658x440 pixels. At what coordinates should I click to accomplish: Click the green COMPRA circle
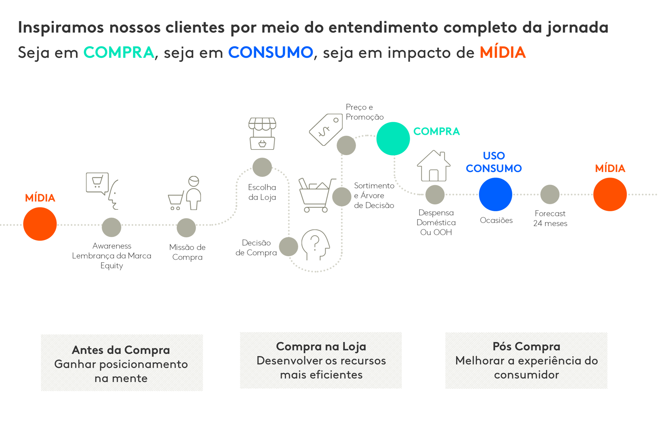point(393,138)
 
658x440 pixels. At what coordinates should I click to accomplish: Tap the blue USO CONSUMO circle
point(495,194)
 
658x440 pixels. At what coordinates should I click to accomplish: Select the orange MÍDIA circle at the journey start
point(40,224)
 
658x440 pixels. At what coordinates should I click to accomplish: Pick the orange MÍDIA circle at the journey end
point(610,194)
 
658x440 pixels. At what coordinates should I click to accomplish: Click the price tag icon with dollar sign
point(326,129)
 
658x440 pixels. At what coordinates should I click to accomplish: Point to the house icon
point(434,166)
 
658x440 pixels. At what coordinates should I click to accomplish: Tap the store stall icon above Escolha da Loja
point(262,134)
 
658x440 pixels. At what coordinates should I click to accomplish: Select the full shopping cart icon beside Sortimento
point(316,195)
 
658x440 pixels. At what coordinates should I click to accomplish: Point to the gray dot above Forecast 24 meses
point(550,194)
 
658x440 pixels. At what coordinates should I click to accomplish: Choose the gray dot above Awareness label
point(111,227)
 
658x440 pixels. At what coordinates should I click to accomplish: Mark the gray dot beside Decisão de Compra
point(288,247)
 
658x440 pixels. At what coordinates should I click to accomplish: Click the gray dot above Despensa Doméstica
point(435,195)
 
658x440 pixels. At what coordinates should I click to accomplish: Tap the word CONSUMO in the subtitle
point(271,52)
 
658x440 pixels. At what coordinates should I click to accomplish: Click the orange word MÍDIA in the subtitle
point(503,52)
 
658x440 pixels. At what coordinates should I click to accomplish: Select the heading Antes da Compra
point(121,350)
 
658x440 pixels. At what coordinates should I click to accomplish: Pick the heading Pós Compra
point(526,346)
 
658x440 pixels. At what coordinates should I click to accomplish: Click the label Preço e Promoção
point(364,112)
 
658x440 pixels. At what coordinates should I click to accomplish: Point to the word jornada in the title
point(577,28)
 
